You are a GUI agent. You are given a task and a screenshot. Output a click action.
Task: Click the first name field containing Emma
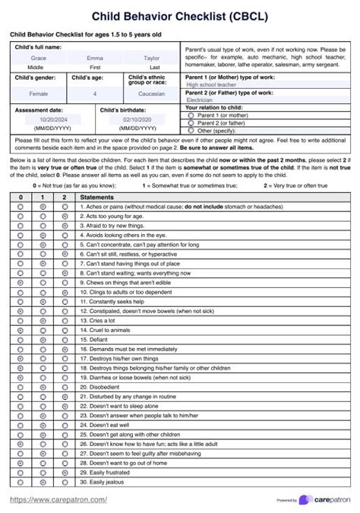click(95, 58)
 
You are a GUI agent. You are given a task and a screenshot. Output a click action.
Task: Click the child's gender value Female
click(38, 94)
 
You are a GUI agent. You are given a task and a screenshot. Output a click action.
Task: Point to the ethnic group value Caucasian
click(152, 94)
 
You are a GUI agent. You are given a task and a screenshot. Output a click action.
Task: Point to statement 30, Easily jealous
click(106, 482)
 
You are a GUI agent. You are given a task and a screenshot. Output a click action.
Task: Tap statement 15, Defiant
click(99, 340)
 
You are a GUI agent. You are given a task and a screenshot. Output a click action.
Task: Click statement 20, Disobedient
click(104, 387)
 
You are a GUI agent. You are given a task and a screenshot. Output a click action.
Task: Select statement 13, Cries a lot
click(104, 321)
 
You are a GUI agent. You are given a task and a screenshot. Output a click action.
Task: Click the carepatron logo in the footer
click(325, 499)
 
